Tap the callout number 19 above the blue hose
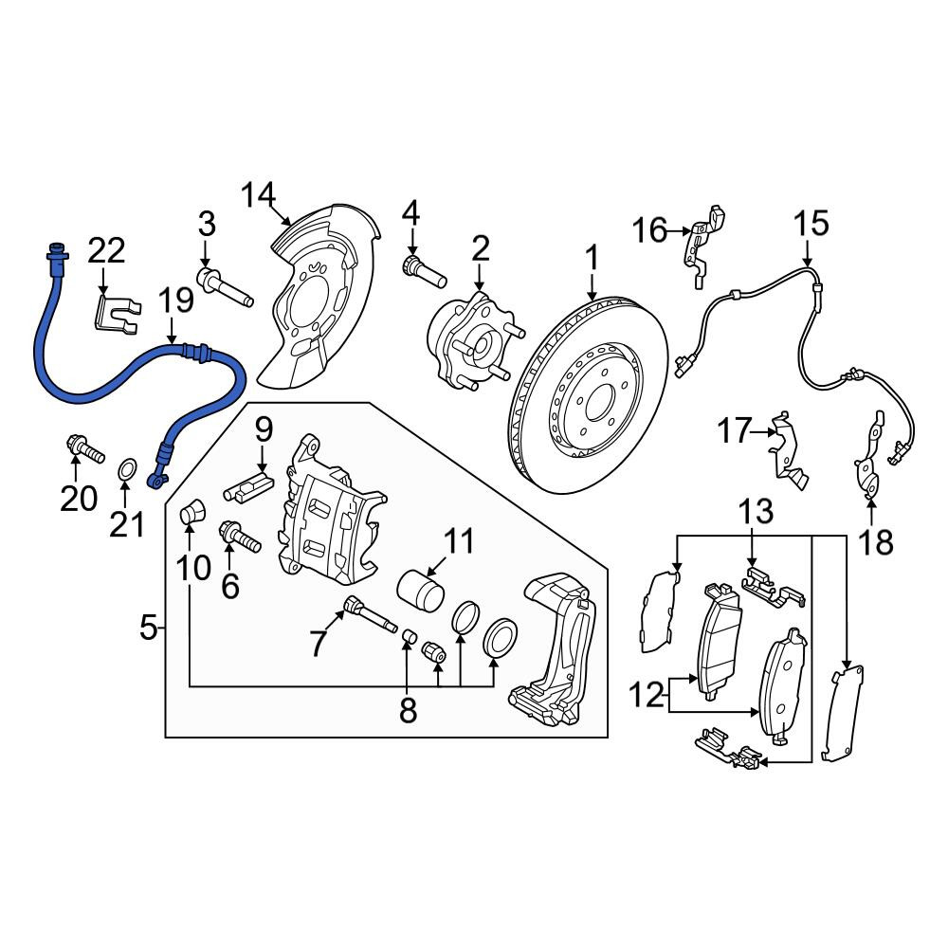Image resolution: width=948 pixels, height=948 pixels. (x=176, y=300)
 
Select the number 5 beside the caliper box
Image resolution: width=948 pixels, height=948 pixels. (x=148, y=628)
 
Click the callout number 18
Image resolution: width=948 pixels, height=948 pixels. (x=875, y=541)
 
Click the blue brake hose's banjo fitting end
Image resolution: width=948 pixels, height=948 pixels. (x=156, y=480)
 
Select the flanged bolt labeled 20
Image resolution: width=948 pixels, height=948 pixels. (x=84, y=448)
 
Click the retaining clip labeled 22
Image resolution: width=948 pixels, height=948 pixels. (x=118, y=313)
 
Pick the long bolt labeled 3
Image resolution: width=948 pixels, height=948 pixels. (x=225, y=288)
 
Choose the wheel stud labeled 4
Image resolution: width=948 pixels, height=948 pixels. (x=424, y=273)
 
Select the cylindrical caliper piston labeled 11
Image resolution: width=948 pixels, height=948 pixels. (x=422, y=590)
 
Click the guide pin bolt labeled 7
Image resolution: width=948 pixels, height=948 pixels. (x=370, y=613)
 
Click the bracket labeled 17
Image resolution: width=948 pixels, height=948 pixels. (x=787, y=449)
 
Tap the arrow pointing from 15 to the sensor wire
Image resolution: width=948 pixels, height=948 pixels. (x=809, y=253)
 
